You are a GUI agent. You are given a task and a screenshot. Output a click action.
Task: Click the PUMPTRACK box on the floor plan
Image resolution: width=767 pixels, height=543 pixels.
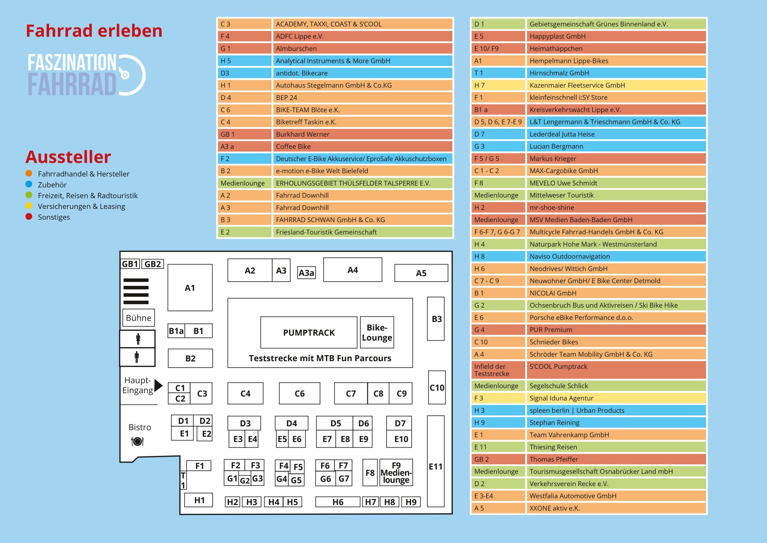click(309, 332)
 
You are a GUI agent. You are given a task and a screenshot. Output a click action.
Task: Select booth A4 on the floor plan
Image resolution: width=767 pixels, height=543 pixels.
click(352, 270)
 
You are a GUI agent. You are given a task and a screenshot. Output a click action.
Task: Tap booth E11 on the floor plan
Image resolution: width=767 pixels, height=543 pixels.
click(435, 466)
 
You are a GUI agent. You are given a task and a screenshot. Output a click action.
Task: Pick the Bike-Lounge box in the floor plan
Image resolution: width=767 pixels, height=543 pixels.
click(377, 332)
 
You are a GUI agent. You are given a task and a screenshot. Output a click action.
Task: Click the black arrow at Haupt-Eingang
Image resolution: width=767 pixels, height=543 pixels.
click(158, 385)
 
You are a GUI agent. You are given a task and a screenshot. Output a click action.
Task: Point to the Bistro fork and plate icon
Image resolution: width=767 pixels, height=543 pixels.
click(137, 441)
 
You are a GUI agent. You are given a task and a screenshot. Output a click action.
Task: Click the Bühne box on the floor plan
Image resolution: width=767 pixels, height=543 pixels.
click(138, 318)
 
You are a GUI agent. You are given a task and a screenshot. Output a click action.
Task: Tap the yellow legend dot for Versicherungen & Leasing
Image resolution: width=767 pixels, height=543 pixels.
click(29, 206)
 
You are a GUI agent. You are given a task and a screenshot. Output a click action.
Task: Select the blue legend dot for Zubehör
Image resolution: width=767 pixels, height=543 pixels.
click(29, 184)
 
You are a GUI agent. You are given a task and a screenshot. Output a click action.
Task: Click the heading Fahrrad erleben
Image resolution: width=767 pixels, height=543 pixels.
click(94, 31)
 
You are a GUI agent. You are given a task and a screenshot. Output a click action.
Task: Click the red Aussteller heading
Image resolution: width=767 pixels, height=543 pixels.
click(68, 157)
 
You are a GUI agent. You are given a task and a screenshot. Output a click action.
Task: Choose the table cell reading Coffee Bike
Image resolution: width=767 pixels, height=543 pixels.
click(363, 146)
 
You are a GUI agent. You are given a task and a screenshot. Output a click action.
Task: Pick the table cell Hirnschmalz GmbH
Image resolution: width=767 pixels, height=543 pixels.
click(616, 73)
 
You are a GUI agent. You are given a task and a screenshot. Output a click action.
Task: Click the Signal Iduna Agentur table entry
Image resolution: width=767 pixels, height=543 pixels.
click(616, 398)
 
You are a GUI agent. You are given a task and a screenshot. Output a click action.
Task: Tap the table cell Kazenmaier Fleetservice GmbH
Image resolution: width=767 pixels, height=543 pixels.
click(616, 85)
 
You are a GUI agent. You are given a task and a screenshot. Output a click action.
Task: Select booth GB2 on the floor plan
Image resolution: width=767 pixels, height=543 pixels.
click(153, 264)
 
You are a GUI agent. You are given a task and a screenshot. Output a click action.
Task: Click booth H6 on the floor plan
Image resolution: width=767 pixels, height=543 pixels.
click(338, 502)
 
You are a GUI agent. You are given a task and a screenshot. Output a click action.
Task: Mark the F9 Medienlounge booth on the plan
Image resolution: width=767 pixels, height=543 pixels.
click(396, 472)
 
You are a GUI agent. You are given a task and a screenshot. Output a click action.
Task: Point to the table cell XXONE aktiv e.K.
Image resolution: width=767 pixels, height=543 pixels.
click(616, 508)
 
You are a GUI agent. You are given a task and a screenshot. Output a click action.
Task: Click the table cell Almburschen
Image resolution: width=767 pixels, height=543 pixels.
click(363, 48)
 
